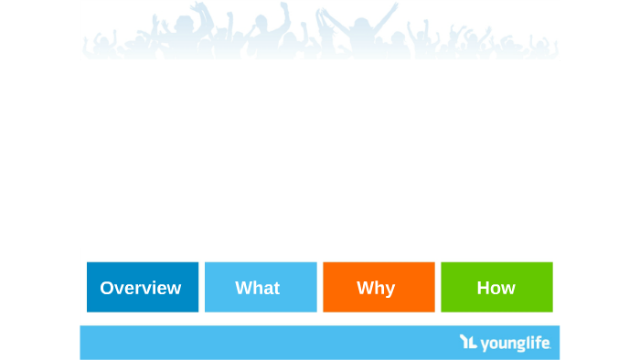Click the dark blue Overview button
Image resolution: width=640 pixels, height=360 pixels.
pos(142,287)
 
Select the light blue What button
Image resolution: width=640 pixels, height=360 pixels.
pos(261,287)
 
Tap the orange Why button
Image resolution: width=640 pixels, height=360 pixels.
pos(379,287)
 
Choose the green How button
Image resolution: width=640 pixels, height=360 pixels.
pos(496,287)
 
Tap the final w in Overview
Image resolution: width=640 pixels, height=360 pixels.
pos(173,289)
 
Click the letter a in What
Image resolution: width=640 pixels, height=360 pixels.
pos(266,289)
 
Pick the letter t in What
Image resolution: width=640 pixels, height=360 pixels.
pos(276,288)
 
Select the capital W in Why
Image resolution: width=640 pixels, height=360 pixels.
pos(365,288)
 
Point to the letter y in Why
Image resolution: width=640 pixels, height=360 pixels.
pos(389,290)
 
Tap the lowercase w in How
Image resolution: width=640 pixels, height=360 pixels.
pos(507,289)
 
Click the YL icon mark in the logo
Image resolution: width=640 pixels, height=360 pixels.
pos(468,343)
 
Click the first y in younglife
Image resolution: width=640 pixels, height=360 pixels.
pos(485,345)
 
